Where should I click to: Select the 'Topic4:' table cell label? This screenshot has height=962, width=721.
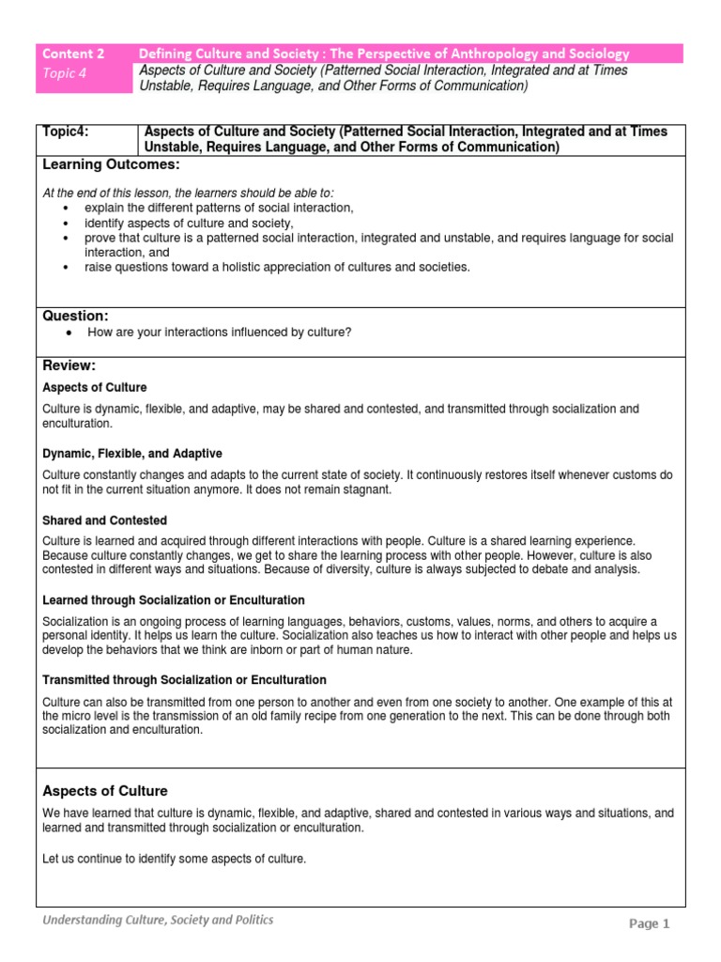(x=66, y=132)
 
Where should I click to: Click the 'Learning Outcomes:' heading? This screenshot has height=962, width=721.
(x=111, y=164)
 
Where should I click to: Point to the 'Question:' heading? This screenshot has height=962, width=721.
(x=76, y=316)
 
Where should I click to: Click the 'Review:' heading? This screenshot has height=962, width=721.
(x=69, y=365)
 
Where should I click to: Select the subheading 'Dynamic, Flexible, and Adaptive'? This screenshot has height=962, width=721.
(x=132, y=454)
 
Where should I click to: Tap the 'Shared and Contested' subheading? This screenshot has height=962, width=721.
(x=105, y=520)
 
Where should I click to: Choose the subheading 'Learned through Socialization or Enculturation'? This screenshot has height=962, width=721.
(x=174, y=600)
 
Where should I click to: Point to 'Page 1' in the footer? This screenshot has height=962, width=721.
(x=649, y=924)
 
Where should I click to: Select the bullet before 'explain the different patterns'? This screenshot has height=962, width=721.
(x=65, y=208)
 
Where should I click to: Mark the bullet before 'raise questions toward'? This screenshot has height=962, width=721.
(x=65, y=268)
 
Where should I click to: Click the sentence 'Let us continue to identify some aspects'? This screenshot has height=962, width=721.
(x=175, y=859)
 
